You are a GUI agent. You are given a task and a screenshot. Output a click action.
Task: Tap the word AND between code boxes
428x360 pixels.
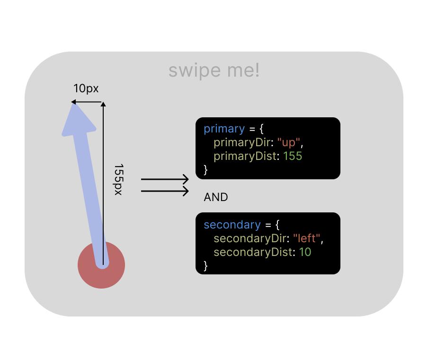pos(216,197)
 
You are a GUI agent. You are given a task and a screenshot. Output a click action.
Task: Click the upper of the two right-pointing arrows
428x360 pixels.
pos(165,180)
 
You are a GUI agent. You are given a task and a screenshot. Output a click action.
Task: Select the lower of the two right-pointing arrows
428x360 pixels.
pos(165,191)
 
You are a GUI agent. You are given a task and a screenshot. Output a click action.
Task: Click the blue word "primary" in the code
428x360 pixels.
pos(224,129)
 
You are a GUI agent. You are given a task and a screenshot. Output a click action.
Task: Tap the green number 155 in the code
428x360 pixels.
pos(293,156)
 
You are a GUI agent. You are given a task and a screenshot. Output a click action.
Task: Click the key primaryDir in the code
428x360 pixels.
pos(242,142)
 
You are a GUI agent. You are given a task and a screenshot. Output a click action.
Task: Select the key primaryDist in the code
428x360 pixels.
pos(245,156)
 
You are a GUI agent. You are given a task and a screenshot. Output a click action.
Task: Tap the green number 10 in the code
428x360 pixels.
pos(305,252)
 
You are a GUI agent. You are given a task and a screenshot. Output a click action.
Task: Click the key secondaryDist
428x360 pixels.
pos(253,252)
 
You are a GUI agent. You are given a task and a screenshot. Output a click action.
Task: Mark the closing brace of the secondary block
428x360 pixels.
pos(206,265)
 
